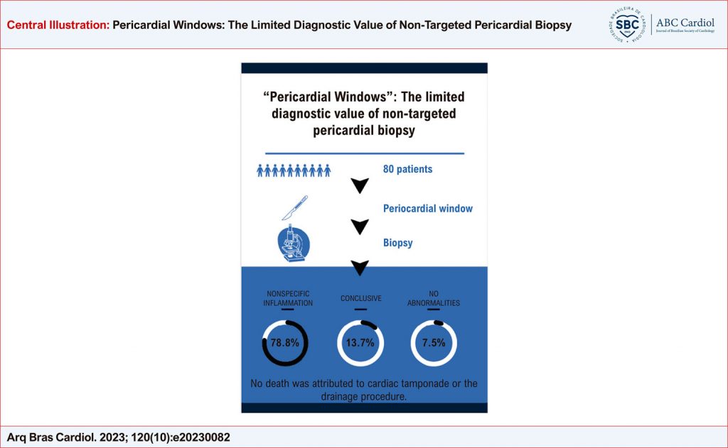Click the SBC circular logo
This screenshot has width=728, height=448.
click(x=627, y=25)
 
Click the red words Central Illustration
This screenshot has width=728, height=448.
click(x=58, y=25)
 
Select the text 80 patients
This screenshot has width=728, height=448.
click(x=407, y=169)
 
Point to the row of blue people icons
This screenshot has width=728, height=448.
click(x=294, y=170)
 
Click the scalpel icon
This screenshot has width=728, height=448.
click(x=295, y=207)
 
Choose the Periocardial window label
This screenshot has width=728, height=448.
click(x=427, y=209)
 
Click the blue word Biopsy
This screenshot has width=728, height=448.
click(x=398, y=243)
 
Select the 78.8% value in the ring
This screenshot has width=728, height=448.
click(x=285, y=343)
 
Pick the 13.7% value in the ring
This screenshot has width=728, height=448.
click(x=360, y=343)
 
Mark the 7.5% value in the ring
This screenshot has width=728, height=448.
click(x=434, y=343)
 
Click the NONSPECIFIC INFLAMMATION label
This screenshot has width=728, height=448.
click(x=288, y=298)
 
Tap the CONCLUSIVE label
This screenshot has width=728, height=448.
click(x=360, y=298)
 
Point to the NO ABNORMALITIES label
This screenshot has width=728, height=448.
click(x=434, y=298)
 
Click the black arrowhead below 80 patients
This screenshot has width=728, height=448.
click(x=360, y=185)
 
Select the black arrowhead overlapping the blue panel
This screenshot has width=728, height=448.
click(x=360, y=268)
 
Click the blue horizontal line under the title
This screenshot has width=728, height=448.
click(x=365, y=153)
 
